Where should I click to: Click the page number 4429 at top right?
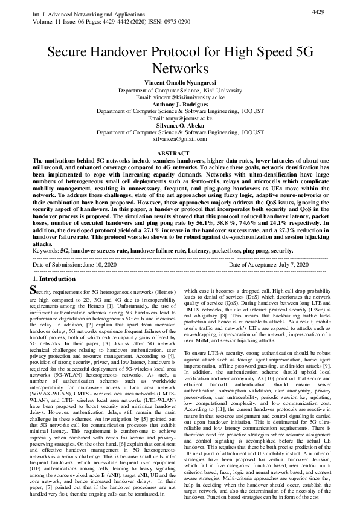[320, 11]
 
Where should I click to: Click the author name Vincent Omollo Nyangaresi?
[179, 82]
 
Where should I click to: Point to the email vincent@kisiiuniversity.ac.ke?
[188, 96]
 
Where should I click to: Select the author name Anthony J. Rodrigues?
[179, 104]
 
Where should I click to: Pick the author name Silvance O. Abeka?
[179, 126]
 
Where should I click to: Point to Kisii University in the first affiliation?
[215, 89]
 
